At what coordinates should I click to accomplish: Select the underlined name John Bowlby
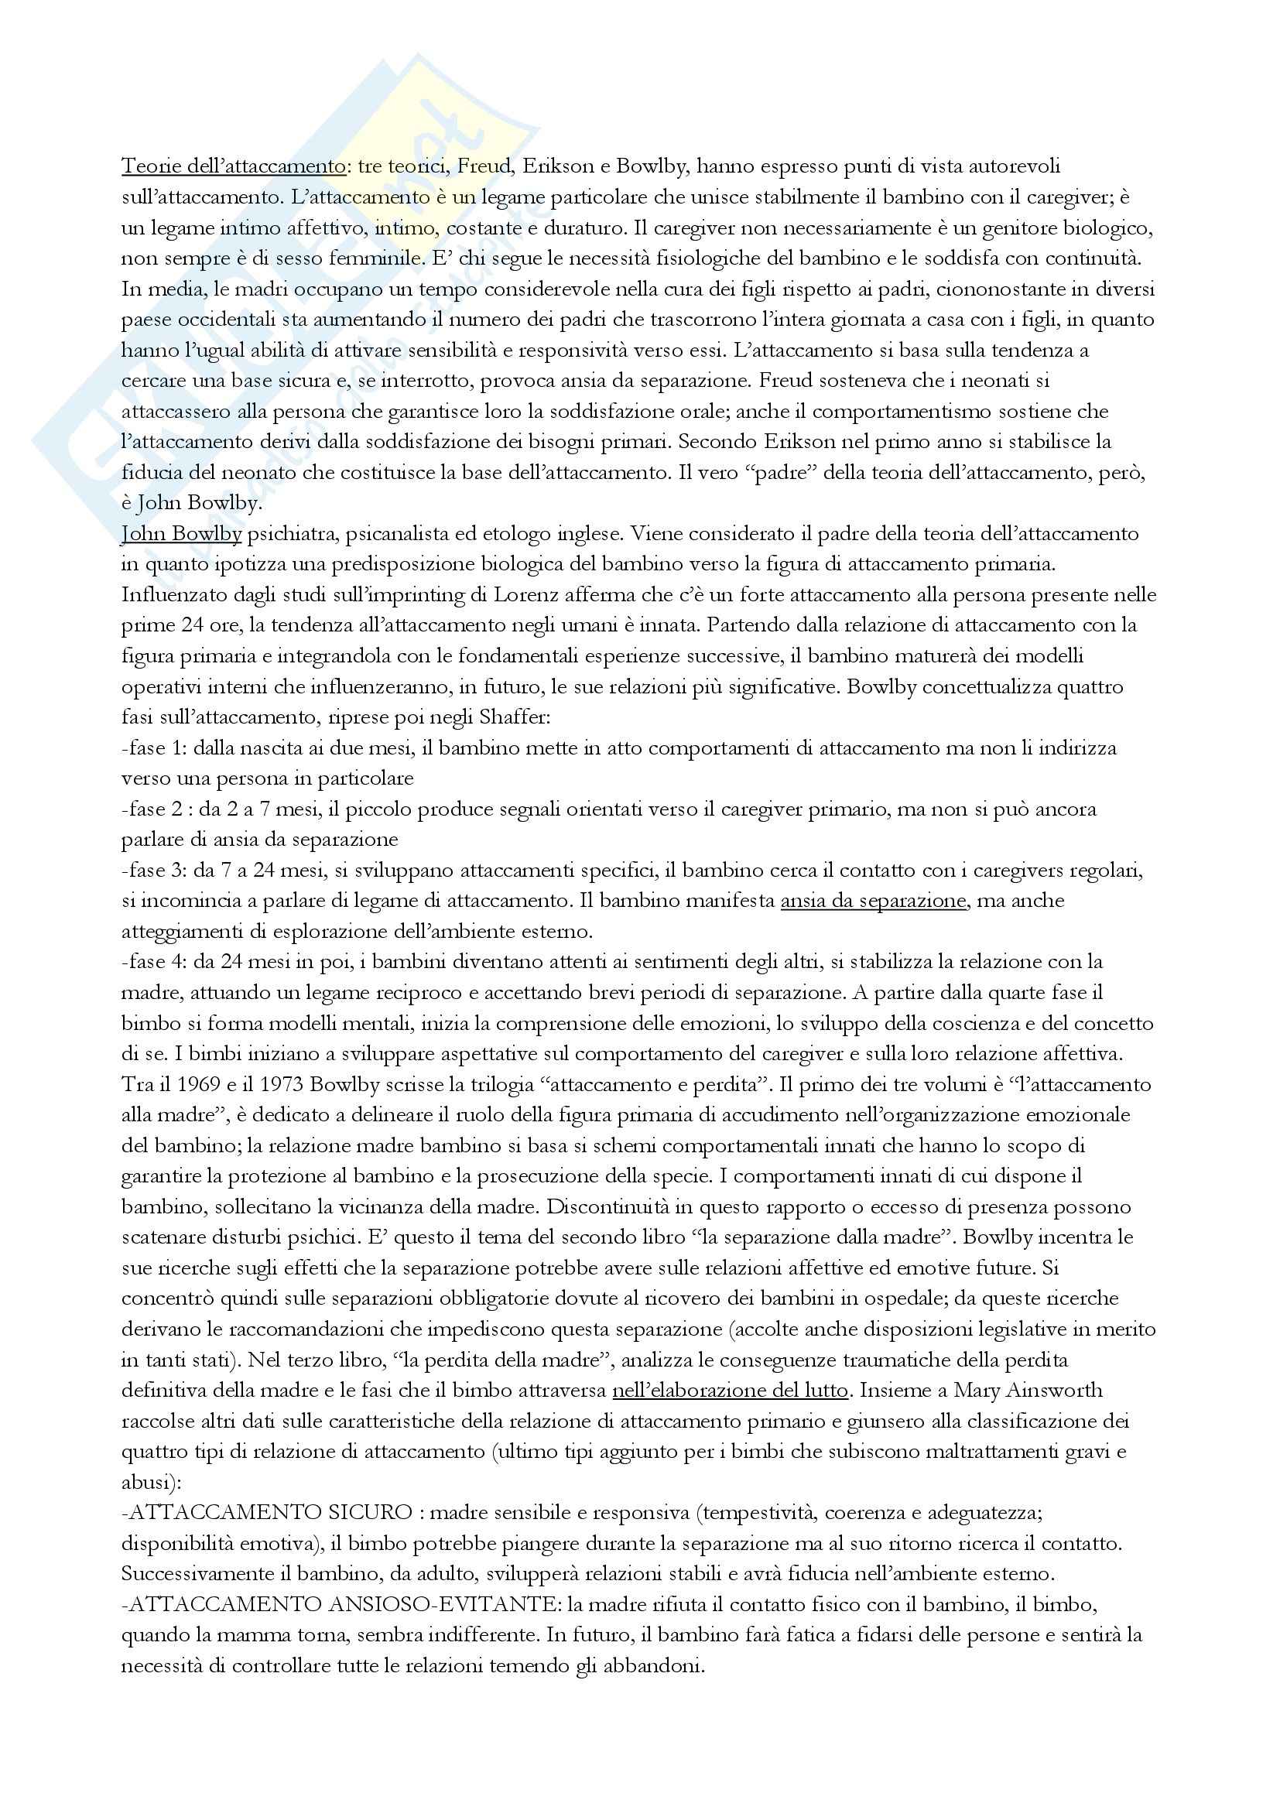pos(181,535)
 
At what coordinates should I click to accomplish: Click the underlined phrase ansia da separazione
pos(873,901)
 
